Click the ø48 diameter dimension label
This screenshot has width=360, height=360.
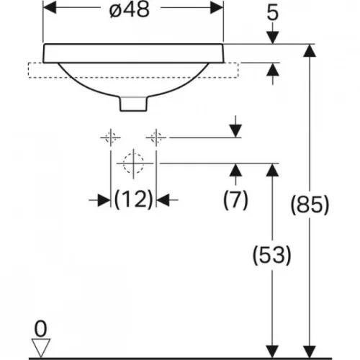tap(130, 10)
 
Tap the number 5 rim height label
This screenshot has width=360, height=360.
tap(273, 13)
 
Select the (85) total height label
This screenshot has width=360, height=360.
tap(310, 204)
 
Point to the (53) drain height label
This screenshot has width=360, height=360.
tap(272, 255)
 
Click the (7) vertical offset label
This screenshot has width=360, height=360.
tap(235, 199)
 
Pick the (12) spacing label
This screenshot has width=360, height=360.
tap(133, 199)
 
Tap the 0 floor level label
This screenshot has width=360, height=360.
tap(40, 329)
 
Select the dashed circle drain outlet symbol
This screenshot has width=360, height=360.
tap(133, 163)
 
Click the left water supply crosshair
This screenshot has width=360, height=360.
tap(110, 138)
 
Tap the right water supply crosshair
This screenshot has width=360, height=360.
tap(156, 138)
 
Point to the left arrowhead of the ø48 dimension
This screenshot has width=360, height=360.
tap(50, 8)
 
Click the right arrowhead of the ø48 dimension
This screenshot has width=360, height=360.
tap(217, 8)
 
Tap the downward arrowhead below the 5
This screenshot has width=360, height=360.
tap(273, 37)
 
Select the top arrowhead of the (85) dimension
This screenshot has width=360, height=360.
tap(310, 50)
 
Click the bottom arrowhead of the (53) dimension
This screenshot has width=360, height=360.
tap(272, 351)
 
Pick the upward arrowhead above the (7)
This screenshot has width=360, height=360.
tap(235, 170)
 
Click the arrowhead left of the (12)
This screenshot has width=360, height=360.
tap(104, 199)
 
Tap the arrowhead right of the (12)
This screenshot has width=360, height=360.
tap(163, 199)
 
